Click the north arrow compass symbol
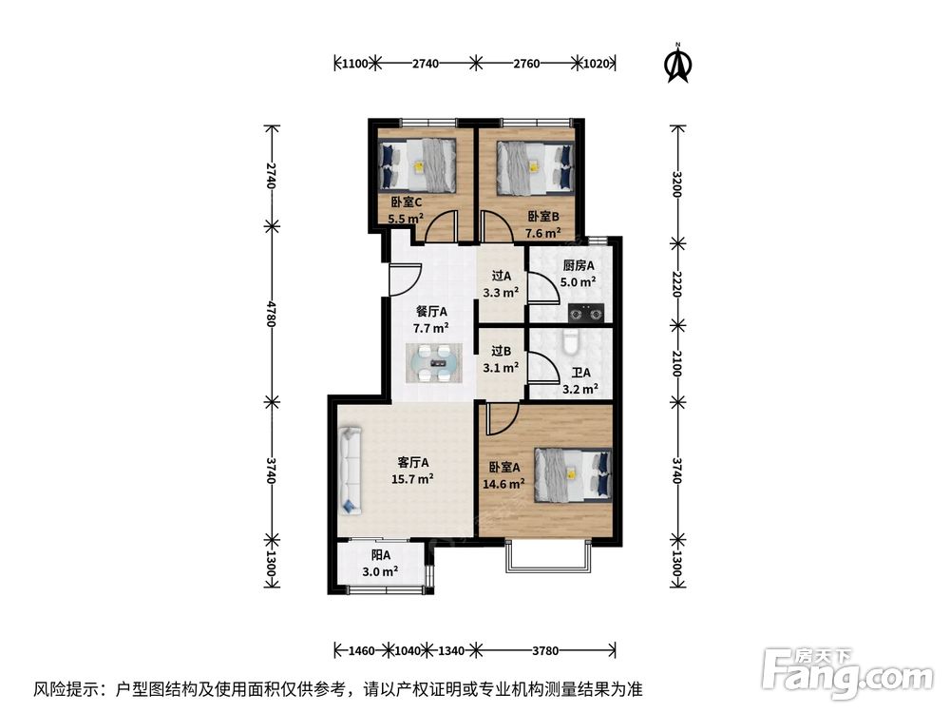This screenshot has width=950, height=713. (678, 62)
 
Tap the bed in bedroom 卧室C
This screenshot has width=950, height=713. (419, 164)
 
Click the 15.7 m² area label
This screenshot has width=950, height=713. (413, 479)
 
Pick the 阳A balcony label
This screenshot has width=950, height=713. (381, 554)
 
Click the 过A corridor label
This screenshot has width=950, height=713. (502, 276)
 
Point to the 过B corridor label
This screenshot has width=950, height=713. (501, 350)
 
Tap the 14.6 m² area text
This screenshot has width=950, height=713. (503, 484)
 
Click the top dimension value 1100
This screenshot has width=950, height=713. (353, 64)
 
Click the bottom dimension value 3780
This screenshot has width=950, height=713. (545, 651)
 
